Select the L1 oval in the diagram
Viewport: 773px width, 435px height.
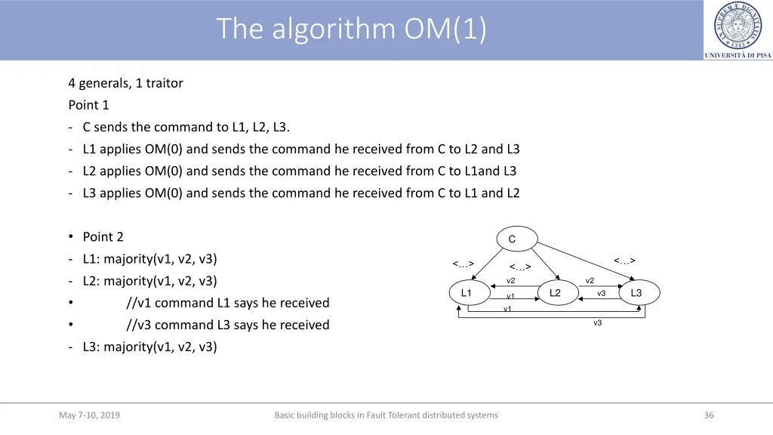click(x=466, y=293)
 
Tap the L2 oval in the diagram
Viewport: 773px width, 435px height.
click(x=555, y=293)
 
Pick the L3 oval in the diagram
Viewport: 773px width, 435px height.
click(x=636, y=293)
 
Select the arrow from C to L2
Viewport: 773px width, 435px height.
click(x=535, y=265)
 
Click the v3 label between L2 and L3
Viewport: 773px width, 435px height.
click(x=602, y=293)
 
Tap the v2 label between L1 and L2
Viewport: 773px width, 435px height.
click(x=511, y=281)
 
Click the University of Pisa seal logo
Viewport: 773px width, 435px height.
click(x=738, y=24)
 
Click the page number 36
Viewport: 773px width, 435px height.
click(x=709, y=415)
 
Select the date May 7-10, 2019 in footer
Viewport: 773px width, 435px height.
click(x=89, y=415)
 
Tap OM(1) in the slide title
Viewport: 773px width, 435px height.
click(x=446, y=29)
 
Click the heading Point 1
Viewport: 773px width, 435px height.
click(x=88, y=105)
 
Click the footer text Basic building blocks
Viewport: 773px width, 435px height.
click(x=386, y=415)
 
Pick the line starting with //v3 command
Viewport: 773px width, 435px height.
click(x=227, y=325)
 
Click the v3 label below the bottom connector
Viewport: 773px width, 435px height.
click(x=598, y=323)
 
